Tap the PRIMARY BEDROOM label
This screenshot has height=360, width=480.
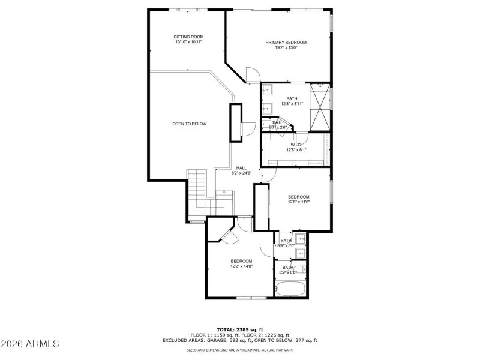(x=286, y=43)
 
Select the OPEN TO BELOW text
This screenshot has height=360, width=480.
(x=190, y=124)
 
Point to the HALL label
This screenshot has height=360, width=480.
(x=241, y=168)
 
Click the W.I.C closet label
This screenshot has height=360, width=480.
(x=295, y=145)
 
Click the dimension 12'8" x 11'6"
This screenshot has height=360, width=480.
(x=298, y=202)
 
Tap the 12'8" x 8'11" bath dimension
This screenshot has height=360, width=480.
(x=292, y=104)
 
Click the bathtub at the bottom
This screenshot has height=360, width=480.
(x=290, y=290)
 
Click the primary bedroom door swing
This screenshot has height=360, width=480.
(x=253, y=75)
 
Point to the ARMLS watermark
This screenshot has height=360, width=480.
(x=30, y=344)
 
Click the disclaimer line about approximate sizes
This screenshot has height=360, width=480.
(x=239, y=350)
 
